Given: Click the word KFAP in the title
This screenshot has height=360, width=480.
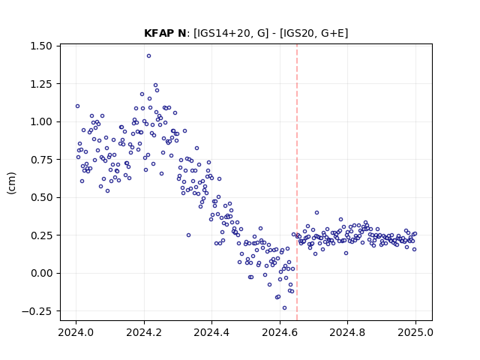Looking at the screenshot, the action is [160, 33].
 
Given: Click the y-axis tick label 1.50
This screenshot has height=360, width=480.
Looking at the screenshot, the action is [41, 46].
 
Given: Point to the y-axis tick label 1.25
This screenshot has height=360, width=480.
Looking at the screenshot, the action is [41, 84].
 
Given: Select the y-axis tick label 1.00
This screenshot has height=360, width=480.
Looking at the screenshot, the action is [41, 121].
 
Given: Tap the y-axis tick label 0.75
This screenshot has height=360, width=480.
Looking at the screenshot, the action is [41, 160].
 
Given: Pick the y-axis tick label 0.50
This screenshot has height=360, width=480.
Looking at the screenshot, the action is [41, 197].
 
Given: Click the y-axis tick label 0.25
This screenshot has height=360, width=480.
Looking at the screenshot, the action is [41, 235].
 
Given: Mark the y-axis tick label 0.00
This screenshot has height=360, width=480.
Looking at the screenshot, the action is [41, 273].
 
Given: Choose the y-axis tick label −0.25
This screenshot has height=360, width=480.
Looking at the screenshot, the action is [37, 311].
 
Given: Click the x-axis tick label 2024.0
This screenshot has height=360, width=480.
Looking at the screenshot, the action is [76, 332].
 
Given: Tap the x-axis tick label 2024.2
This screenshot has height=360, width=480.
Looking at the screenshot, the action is [144, 332].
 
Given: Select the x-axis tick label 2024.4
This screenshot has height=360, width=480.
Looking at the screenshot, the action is [211, 332].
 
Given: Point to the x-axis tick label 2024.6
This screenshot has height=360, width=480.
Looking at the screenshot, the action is [280, 332].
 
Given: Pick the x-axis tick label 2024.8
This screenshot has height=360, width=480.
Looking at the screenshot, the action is [347, 332].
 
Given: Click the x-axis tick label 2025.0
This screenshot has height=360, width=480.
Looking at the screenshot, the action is [415, 332].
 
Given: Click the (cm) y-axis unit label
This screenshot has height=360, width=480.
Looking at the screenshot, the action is [12, 183].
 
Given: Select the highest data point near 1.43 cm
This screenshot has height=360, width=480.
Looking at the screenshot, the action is [148, 56].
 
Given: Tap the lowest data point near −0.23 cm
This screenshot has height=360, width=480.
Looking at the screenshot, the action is [284, 308].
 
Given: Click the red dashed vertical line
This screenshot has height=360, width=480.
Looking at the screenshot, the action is [297, 182].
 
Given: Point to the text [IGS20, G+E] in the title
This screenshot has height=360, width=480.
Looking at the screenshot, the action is [313, 33].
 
